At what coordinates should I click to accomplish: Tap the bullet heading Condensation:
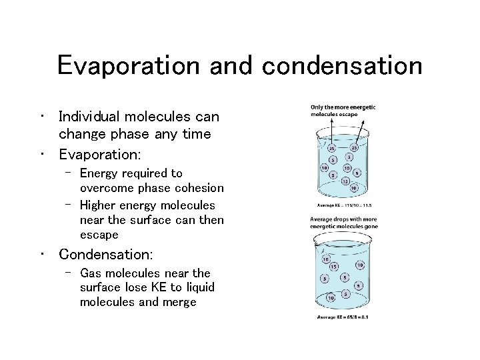coord(106,255)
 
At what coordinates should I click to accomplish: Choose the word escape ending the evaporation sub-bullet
coord(99,234)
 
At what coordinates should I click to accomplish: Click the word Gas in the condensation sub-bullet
coord(91,273)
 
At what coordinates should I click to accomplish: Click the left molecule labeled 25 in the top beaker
coord(333,149)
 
